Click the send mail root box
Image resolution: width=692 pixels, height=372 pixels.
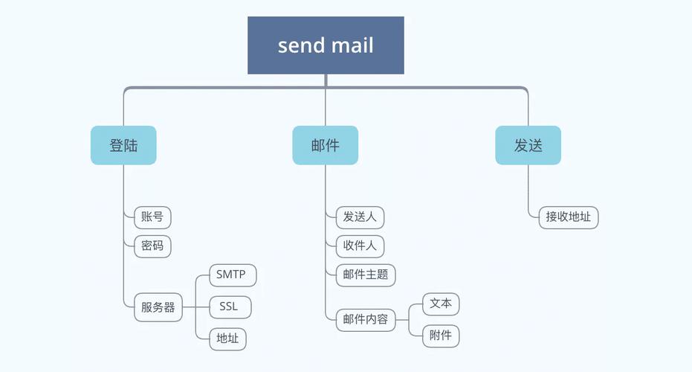click(326, 45)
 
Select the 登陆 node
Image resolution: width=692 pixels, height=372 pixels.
click(123, 145)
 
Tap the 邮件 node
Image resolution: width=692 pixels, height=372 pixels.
click(325, 145)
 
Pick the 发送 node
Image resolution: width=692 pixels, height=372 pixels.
click(528, 145)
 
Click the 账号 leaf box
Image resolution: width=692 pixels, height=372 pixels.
click(152, 217)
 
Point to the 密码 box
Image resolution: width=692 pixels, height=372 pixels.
click(152, 245)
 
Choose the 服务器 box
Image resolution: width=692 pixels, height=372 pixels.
click(158, 307)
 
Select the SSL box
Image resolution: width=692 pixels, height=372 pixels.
click(230, 307)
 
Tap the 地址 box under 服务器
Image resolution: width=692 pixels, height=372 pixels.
click(227, 339)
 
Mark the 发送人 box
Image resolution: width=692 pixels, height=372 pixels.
click(359, 217)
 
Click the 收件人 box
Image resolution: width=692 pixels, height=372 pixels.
click(359, 245)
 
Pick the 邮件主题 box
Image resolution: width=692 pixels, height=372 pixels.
click(365, 274)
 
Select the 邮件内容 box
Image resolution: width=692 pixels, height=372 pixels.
click(365, 320)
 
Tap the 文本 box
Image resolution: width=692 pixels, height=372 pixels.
click(441, 304)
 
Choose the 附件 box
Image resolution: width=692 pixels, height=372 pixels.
click(441, 336)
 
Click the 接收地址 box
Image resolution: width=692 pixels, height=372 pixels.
click(568, 217)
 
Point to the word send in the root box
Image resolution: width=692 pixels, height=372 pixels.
click(298, 45)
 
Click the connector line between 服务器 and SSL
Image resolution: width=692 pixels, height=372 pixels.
click(196, 307)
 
